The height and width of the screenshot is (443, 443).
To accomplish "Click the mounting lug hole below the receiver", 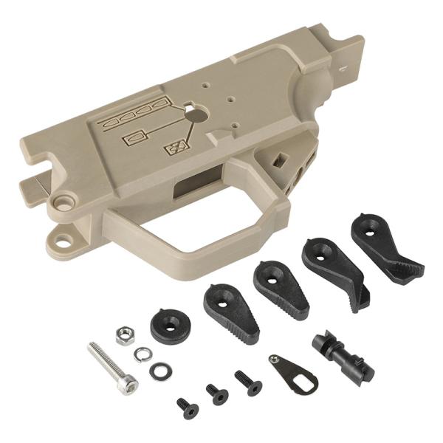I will point(65,241).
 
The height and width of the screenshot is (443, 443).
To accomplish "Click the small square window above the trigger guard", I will point(280,158).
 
